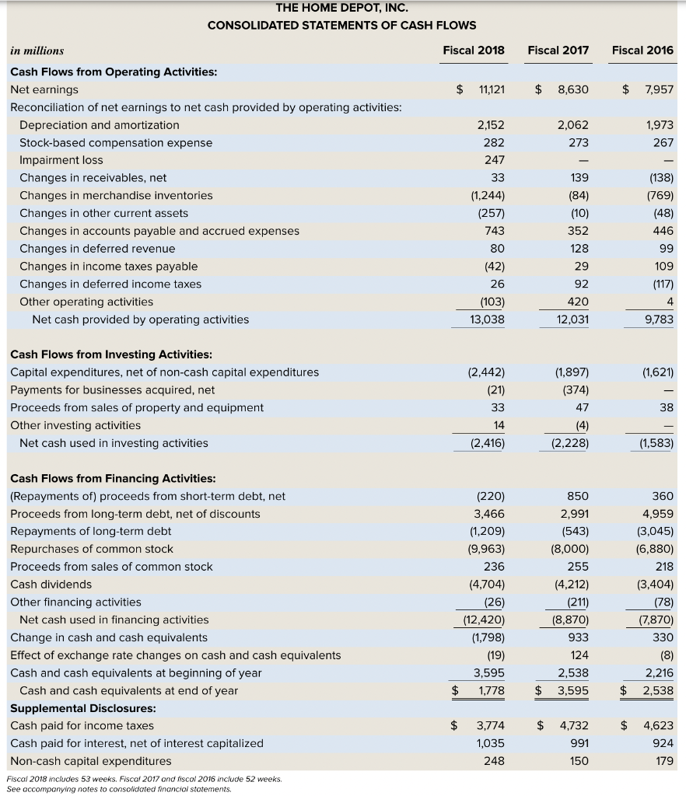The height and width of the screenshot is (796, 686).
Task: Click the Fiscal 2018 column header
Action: [473, 51]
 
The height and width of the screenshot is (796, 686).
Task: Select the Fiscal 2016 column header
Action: [642, 51]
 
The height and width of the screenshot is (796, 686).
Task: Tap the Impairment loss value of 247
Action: [494, 160]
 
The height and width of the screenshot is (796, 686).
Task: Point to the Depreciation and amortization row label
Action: [99, 125]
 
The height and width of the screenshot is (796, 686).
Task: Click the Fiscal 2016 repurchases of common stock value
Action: [656, 549]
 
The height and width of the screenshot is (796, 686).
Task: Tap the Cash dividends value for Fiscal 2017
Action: [572, 585]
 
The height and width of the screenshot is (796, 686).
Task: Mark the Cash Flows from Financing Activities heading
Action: [113, 478]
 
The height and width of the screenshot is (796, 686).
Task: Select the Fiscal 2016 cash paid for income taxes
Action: [657, 726]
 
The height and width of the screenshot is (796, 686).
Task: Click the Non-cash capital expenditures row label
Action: [90, 761]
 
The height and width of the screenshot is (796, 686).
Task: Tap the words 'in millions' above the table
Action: [37, 51]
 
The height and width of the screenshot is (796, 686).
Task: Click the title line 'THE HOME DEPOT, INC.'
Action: [341, 9]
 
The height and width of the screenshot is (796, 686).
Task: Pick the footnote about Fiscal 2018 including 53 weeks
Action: [144, 779]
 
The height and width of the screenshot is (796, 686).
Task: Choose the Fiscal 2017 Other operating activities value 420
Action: [579, 302]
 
